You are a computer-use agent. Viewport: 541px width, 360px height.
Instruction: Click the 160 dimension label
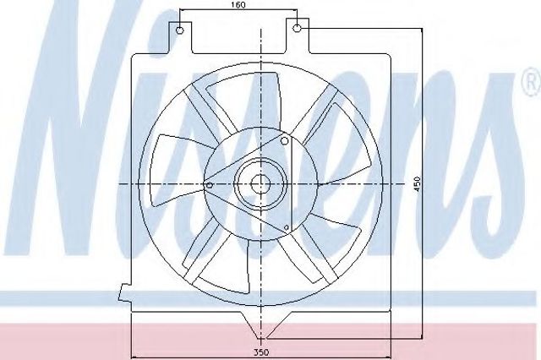[x=238, y=5]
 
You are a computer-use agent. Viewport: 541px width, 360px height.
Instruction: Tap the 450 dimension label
[x=418, y=184]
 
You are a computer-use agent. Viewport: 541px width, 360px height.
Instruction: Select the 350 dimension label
[x=261, y=352]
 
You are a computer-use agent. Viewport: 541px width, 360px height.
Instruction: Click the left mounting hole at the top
[x=180, y=30]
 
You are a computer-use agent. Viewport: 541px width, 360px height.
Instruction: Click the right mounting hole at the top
[x=297, y=28]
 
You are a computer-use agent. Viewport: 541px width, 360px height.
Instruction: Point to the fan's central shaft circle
[x=260, y=184]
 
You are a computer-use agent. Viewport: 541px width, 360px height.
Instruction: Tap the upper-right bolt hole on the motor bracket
[x=285, y=140]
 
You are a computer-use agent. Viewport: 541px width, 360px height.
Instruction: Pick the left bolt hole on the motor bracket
[x=209, y=186]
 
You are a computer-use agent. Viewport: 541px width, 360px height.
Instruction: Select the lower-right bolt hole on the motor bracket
[x=286, y=227]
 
